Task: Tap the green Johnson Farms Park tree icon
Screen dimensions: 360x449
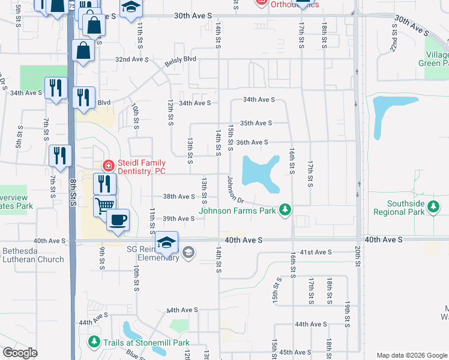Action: (286, 210)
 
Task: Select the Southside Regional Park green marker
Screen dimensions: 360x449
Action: (434, 208)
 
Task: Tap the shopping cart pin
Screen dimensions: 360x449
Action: (104, 205)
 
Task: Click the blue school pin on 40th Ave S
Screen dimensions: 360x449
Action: (166, 242)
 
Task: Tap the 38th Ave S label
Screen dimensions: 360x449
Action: (179, 197)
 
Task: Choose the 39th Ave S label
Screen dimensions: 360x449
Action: (179, 219)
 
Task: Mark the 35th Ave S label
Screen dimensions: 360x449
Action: (256, 123)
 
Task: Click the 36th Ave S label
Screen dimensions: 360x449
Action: (252, 142)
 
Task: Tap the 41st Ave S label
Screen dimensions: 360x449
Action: (316, 252)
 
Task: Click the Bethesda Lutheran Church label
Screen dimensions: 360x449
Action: (33, 254)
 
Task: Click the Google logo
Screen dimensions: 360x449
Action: (20, 353)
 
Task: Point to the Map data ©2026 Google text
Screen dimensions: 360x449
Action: (411, 355)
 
